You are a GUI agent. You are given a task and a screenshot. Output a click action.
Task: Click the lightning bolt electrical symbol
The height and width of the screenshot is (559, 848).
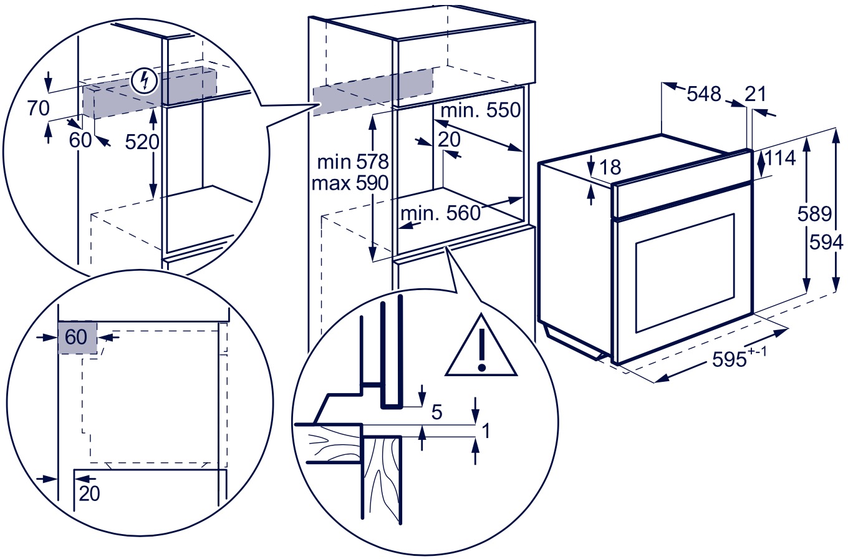145,81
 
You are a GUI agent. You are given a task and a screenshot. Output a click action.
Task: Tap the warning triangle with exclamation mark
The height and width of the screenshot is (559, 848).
481,346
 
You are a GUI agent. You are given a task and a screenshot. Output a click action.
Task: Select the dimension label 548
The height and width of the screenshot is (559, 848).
704,94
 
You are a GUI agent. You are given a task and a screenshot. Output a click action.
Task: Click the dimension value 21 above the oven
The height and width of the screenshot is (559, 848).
755,94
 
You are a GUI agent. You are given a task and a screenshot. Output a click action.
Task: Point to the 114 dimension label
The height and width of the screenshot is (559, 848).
780,158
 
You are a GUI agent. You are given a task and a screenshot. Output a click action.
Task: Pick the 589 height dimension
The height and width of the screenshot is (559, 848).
815,213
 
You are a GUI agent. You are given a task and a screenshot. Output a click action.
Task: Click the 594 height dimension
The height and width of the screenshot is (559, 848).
826,242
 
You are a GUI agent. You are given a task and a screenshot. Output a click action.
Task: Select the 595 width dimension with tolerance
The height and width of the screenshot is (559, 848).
739,357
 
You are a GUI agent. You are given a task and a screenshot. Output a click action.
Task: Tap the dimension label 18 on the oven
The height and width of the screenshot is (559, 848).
610,167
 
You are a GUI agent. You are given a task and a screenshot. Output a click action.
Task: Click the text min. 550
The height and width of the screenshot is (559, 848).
481,110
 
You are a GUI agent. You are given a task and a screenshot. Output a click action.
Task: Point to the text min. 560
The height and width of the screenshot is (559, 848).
441,213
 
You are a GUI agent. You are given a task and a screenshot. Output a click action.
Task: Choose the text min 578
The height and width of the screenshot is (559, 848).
353,162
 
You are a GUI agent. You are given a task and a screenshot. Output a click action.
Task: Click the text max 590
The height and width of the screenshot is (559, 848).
350,183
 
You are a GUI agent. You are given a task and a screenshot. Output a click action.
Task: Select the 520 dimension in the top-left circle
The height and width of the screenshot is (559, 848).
142,142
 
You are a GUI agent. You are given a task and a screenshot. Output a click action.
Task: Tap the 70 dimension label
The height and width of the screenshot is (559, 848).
39,109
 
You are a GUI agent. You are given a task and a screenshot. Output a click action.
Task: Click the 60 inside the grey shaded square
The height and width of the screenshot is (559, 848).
76,337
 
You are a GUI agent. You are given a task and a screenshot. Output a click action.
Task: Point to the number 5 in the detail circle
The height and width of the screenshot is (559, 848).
437,412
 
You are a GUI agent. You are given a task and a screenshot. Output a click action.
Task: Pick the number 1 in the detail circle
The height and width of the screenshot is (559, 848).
486,430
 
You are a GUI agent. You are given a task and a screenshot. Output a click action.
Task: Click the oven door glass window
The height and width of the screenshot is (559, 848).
685,273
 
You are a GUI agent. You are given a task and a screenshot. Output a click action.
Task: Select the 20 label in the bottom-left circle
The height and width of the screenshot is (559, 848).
90,493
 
